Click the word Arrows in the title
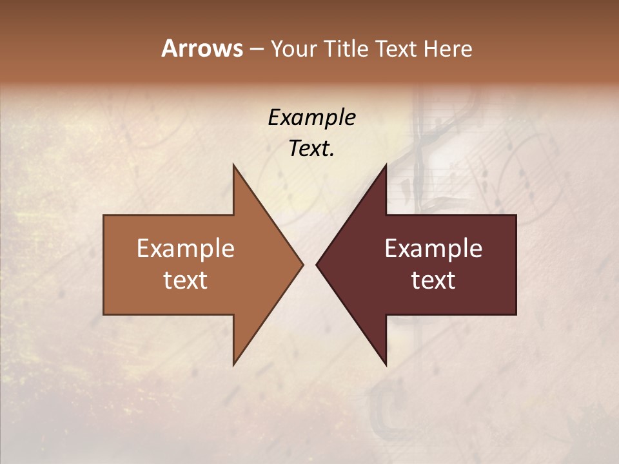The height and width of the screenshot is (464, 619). click(202, 48)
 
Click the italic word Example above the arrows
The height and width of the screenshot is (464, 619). click(311, 118)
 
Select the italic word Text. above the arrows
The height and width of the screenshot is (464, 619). click(311, 149)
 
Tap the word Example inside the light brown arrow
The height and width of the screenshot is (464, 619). click(186, 249)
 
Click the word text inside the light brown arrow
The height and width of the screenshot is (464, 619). click(186, 280)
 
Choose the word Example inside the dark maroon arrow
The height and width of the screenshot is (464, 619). click(433, 249)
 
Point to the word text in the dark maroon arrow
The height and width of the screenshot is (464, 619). click(433, 280)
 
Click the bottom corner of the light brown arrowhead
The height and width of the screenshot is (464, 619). click(233, 363)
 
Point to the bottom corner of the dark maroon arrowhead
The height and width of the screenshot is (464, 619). click(386, 363)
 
